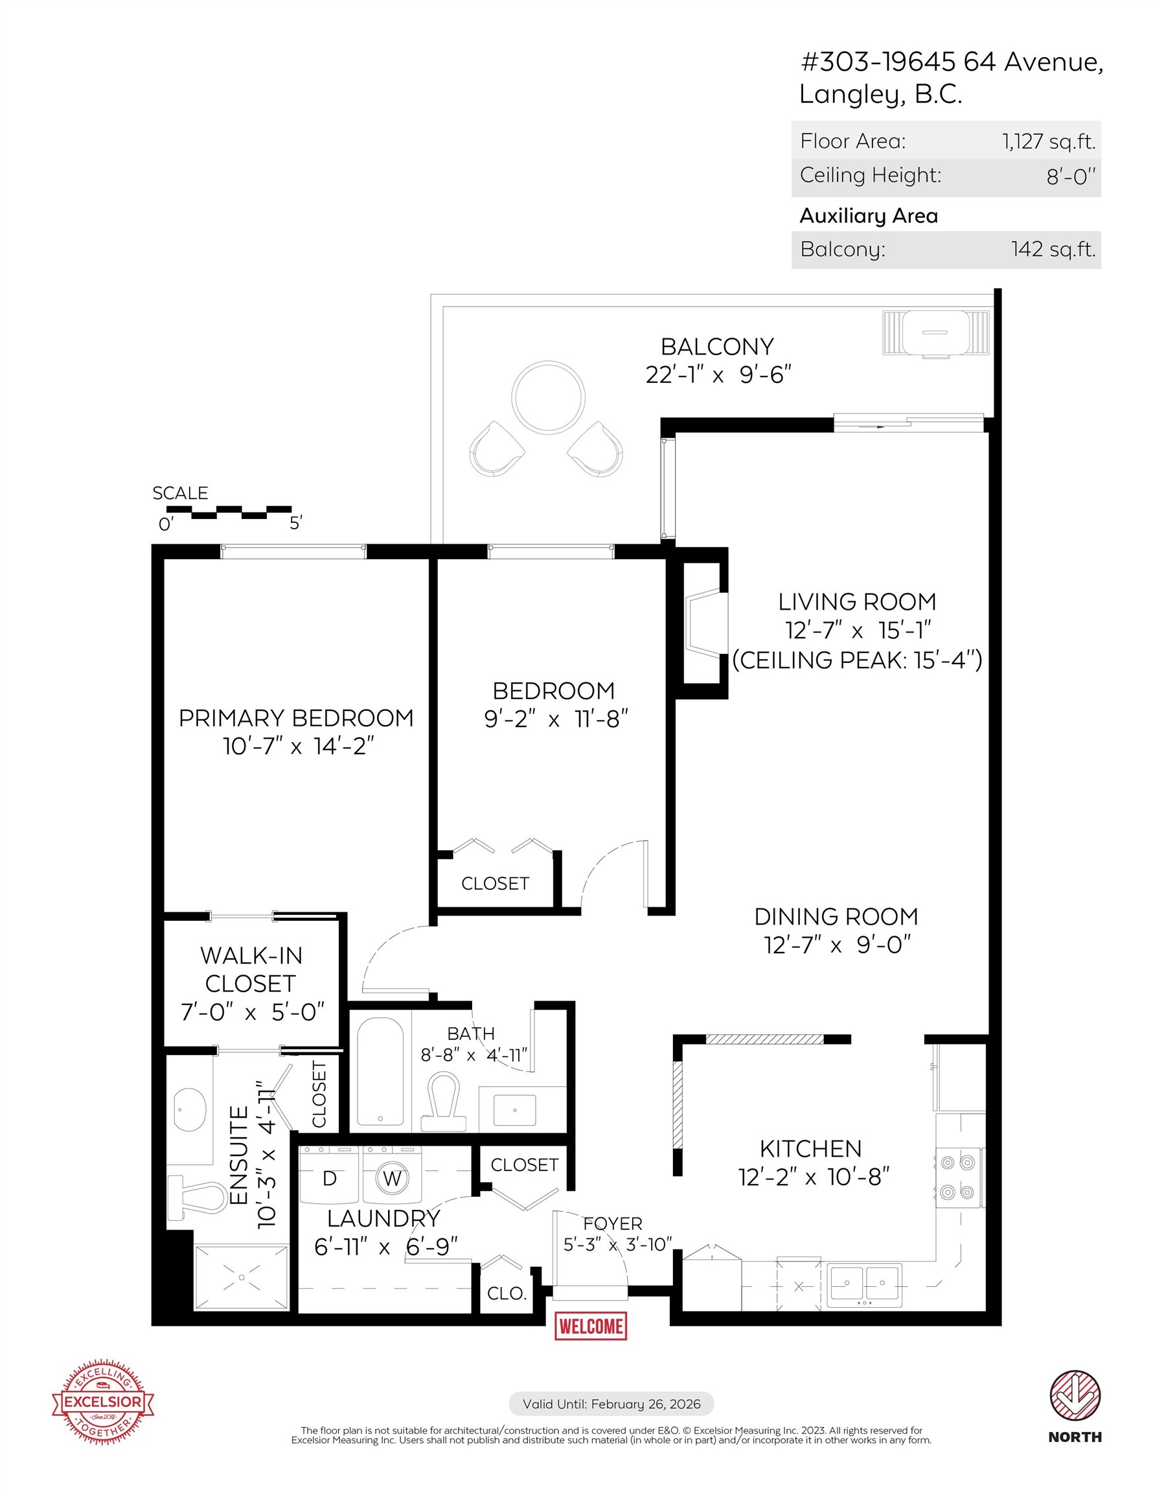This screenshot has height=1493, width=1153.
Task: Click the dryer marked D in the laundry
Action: pos(330,1177)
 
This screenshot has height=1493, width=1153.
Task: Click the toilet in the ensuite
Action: pos(198,1196)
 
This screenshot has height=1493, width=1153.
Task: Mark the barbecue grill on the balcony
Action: pos(935,333)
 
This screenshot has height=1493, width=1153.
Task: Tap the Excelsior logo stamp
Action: pos(103,1402)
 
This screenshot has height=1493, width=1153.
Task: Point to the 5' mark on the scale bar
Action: pos(295,524)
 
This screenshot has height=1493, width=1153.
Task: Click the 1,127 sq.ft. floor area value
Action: pos(1049,141)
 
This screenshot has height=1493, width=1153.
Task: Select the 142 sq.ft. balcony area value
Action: pos(1053,249)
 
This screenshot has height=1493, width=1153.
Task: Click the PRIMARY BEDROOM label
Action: pos(296,718)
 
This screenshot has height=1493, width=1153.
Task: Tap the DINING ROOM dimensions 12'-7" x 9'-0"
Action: pos(838,945)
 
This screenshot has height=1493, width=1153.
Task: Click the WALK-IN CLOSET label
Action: pos(251,969)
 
